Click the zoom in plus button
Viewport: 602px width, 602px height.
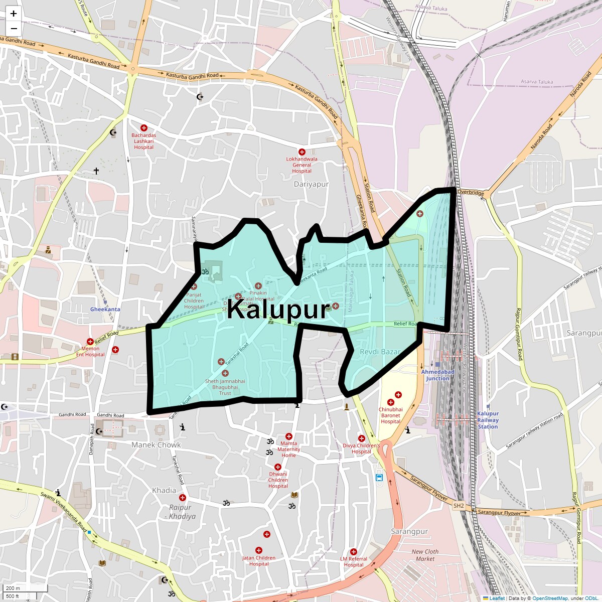pyautogui.click(x=14, y=14)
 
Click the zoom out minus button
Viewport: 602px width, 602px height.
pyautogui.click(x=14, y=29)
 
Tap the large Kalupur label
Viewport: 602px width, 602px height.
pyautogui.click(x=278, y=309)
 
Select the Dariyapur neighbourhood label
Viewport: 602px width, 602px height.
pyautogui.click(x=311, y=184)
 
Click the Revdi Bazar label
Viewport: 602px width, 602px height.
pyautogui.click(x=380, y=352)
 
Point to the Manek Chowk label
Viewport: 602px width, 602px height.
pyautogui.click(x=156, y=444)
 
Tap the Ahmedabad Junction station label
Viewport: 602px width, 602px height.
pyautogui.click(x=437, y=375)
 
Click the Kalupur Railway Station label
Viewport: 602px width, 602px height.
pyautogui.click(x=488, y=420)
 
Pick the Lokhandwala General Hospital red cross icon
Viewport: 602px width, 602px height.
pyautogui.click(x=302, y=152)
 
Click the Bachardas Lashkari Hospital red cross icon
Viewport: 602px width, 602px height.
pyautogui.click(x=144, y=128)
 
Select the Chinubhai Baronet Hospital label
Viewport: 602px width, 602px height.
pyautogui.click(x=390, y=415)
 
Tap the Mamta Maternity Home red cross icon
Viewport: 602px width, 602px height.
pyautogui.click(x=288, y=436)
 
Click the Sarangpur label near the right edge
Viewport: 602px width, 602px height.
pyautogui.click(x=584, y=333)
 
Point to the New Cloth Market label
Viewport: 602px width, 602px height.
pyautogui.click(x=425, y=555)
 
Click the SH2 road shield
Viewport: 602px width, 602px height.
pyautogui.click(x=459, y=506)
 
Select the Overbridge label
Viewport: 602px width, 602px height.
pyautogui.click(x=471, y=193)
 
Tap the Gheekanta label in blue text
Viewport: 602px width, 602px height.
pyautogui.click(x=105, y=310)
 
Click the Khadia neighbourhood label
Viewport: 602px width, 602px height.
pyautogui.click(x=164, y=490)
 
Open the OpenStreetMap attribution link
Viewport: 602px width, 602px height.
pyautogui.click(x=550, y=598)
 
